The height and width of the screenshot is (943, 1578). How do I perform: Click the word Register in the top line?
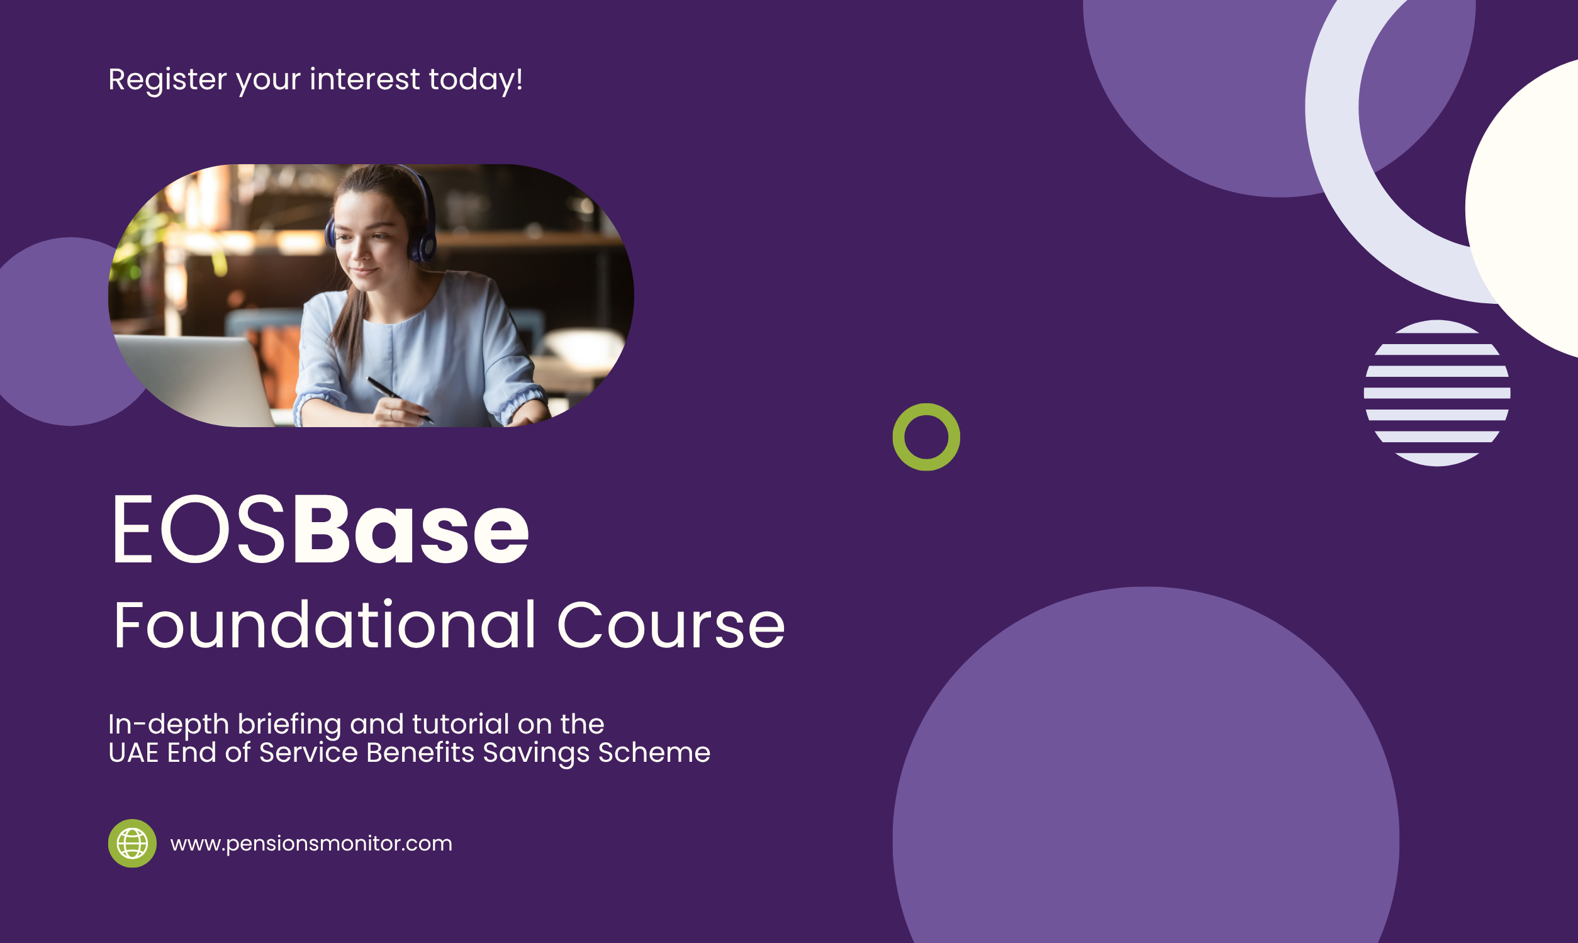click(168, 80)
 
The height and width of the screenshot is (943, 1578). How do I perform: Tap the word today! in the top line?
click(476, 80)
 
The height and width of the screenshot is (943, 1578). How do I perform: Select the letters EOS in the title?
click(198, 529)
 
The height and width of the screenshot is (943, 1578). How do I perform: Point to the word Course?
click(671, 626)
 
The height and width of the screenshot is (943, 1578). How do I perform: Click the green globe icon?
click(132, 843)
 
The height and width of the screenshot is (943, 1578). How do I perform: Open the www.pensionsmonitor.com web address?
click(311, 844)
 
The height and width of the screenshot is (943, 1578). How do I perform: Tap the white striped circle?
click(1437, 393)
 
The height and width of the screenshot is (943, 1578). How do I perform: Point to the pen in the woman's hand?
click(400, 399)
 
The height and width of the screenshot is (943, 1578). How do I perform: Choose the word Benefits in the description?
click(420, 752)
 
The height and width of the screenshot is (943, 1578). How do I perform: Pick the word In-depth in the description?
click(169, 725)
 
